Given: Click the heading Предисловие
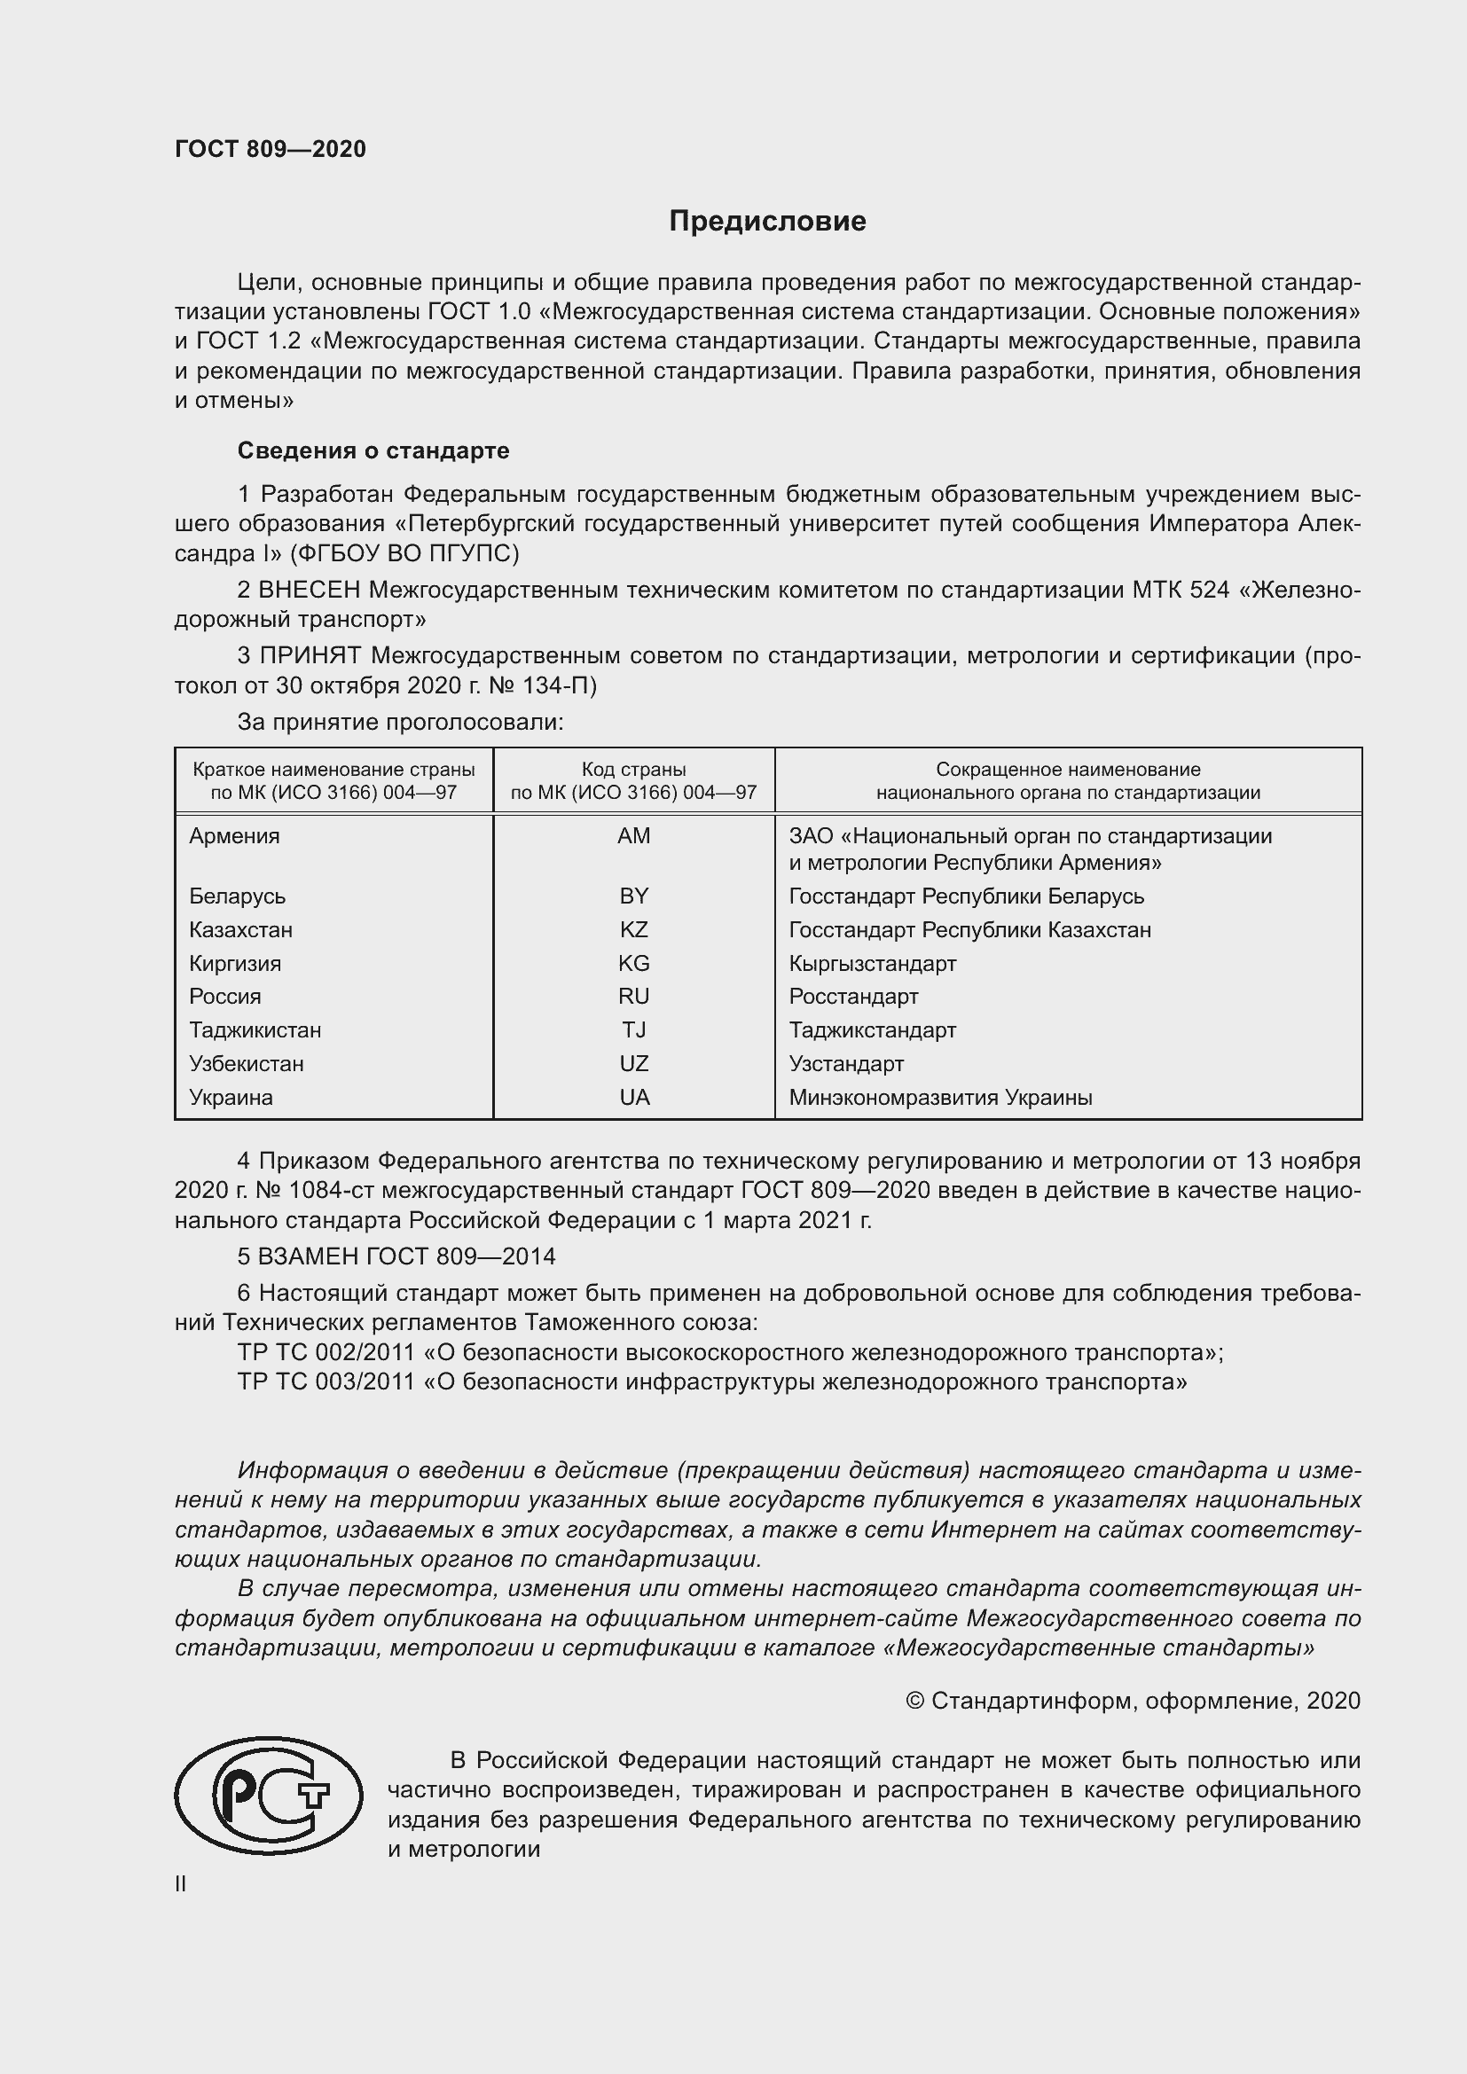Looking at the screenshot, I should click(x=767, y=222).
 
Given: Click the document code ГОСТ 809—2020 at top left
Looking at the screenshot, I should click(x=271, y=149).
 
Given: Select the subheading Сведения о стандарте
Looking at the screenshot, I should click(x=373, y=450).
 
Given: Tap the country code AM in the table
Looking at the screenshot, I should click(x=633, y=835).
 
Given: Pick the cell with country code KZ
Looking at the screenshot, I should click(x=633, y=929).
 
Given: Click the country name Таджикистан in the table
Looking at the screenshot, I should click(x=255, y=1029).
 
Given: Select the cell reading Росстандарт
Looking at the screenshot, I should click(x=852, y=997).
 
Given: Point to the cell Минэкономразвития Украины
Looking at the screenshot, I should click(x=939, y=1098).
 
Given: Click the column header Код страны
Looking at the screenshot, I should click(x=633, y=770).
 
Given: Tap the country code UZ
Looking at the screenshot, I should click(x=633, y=1063).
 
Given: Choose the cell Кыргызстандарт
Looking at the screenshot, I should click(x=872, y=963).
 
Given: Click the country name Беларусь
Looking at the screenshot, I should click(x=237, y=896).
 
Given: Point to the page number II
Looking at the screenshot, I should click(x=180, y=1883).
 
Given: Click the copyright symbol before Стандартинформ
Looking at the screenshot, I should click(x=914, y=1701).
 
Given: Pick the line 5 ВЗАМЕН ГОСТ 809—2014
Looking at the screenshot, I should click(x=396, y=1256).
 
